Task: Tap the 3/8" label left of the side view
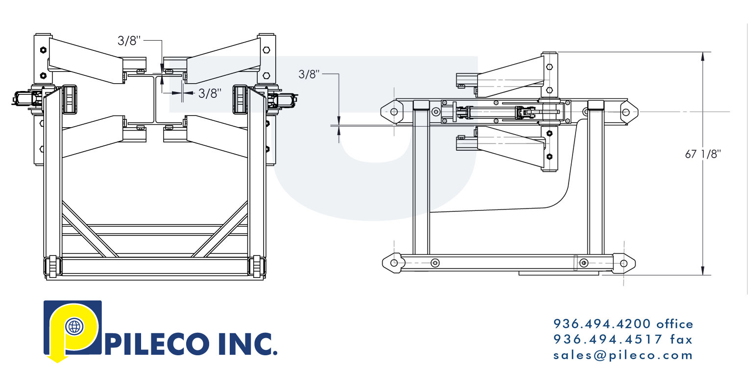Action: click(x=309, y=74)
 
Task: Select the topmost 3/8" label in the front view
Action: click(x=129, y=41)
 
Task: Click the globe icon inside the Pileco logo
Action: click(x=74, y=326)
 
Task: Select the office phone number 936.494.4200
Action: click(x=602, y=324)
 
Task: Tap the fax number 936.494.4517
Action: click(x=602, y=339)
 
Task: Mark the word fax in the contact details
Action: click(x=681, y=339)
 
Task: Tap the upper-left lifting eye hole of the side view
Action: click(x=394, y=112)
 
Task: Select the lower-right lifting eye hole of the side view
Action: click(x=624, y=263)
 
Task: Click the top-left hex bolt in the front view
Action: click(x=43, y=49)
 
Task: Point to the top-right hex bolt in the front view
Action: click(x=266, y=49)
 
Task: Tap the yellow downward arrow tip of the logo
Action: click(x=58, y=361)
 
